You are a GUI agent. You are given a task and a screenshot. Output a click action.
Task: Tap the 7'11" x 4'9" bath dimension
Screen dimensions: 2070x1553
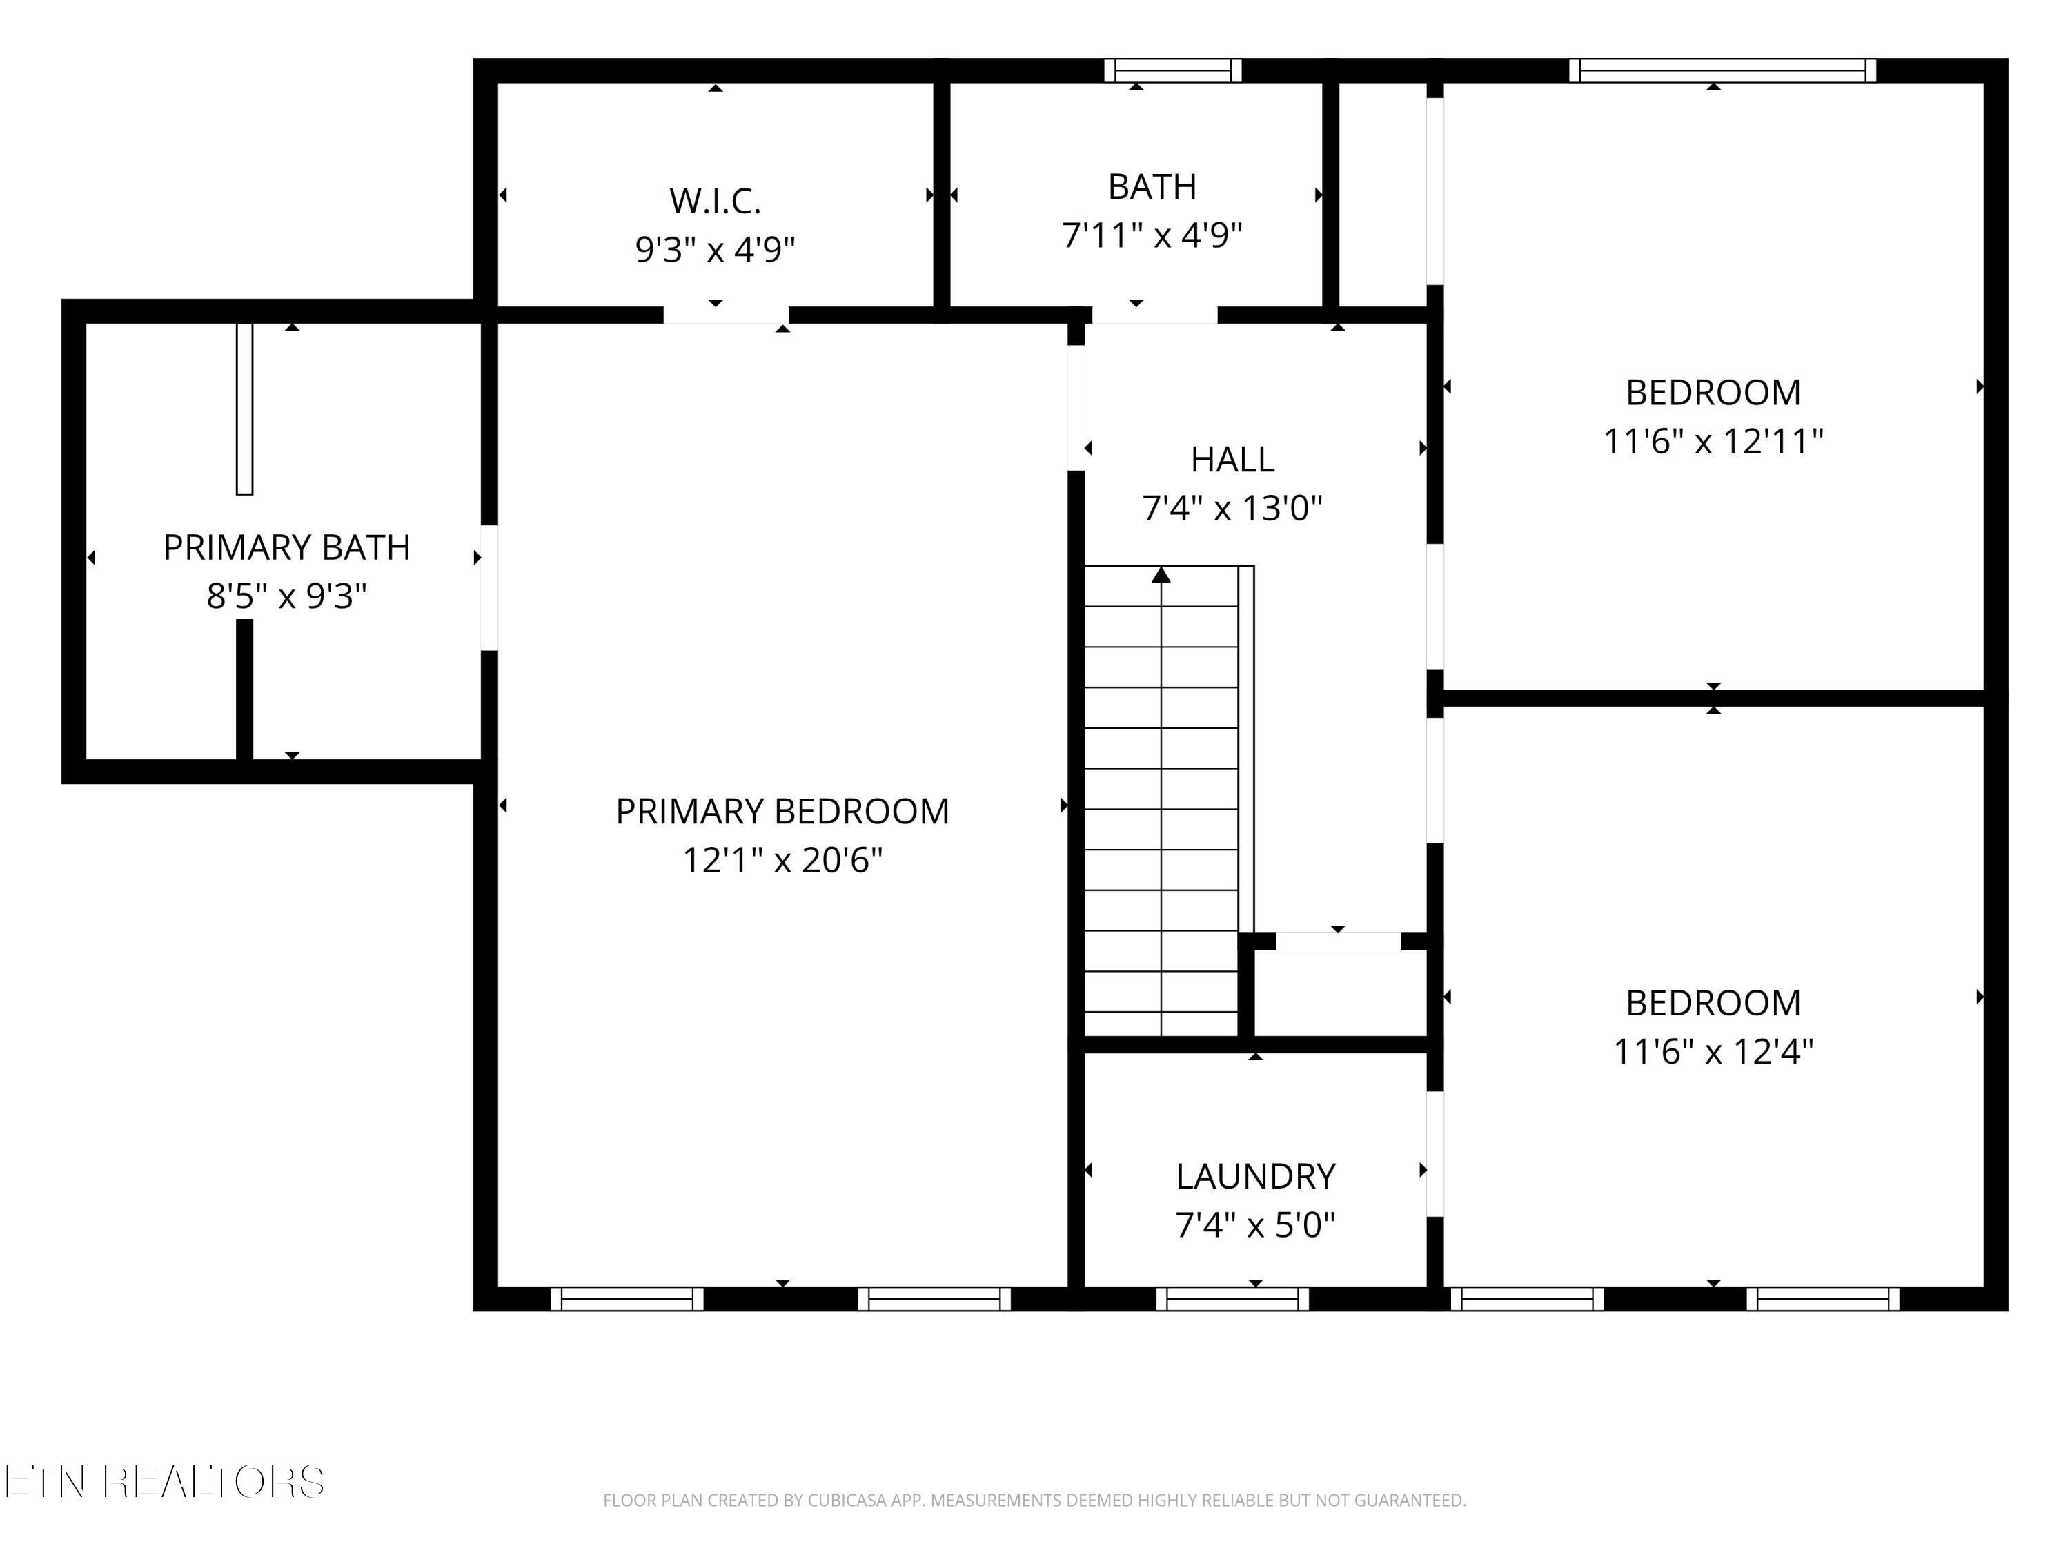pyautogui.click(x=1152, y=235)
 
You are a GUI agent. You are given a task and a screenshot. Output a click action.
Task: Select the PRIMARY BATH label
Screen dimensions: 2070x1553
pyautogui.click(x=286, y=547)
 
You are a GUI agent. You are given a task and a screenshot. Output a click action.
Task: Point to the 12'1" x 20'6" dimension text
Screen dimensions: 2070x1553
pyautogui.click(x=782, y=859)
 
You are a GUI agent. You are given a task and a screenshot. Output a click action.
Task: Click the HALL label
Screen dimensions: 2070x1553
pyautogui.click(x=1232, y=460)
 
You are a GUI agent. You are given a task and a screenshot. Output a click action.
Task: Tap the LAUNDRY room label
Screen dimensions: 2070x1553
pyautogui.click(x=1255, y=1177)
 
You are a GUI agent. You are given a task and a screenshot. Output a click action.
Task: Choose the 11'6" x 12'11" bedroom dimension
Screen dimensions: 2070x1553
pyautogui.click(x=1713, y=441)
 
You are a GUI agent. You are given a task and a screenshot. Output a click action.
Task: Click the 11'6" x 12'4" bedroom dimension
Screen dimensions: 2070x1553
pyautogui.click(x=1713, y=1051)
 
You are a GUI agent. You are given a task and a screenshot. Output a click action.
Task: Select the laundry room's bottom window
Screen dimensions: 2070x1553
pyautogui.click(x=1232, y=1298)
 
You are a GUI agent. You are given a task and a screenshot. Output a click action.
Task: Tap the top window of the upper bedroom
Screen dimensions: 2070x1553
pyautogui.click(x=1723, y=70)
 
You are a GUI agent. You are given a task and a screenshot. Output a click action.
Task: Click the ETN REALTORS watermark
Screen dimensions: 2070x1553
pyautogui.click(x=165, y=1481)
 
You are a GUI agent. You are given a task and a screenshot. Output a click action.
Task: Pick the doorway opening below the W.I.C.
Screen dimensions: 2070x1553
pyautogui.click(x=726, y=315)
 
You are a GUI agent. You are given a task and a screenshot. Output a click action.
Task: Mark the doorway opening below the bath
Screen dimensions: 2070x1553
pyautogui.click(x=1155, y=315)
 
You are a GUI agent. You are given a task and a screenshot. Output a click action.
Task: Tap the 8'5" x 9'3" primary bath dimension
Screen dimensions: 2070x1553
pyautogui.click(x=286, y=596)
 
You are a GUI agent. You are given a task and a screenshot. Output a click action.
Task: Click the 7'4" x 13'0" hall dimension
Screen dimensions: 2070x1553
pyautogui.click(x=1232, y=508)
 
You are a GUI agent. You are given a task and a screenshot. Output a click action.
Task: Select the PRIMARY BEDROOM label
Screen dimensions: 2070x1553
pyautogui.click(x=782, y=812)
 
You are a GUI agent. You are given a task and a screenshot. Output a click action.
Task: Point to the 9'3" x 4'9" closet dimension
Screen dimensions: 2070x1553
pyautogui.click(x=715, y=250)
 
